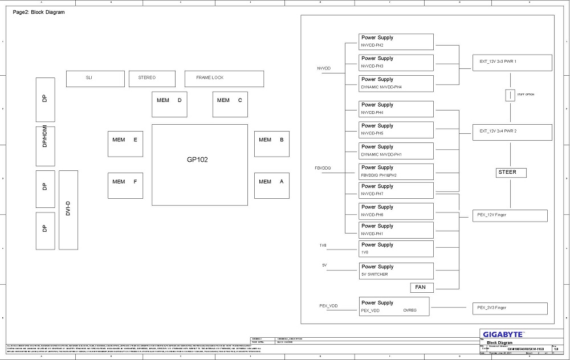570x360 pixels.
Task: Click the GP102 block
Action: tap(199, 165)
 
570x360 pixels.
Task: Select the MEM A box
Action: tap(272, 185)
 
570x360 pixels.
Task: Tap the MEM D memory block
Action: tap(169, 104)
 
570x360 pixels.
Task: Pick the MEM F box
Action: tap(125, 185)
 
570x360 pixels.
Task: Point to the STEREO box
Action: tap(150, 79)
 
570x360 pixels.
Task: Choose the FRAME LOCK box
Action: tap(224, 79)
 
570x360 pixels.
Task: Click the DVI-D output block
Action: tap(68, 210)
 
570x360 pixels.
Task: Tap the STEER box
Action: tap(507, 173)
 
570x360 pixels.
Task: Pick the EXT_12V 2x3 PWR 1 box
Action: tap(512, 63)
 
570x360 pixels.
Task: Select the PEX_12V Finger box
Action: tap(510, 215)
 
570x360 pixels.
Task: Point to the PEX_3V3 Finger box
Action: tap(510, 308)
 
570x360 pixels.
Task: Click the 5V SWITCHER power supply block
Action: tap(396, 271)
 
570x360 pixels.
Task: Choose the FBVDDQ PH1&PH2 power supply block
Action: tap(396, 171)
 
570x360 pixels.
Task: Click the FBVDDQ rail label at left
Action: tap(323, 168)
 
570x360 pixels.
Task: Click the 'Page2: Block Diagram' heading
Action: tap(39, 12)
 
